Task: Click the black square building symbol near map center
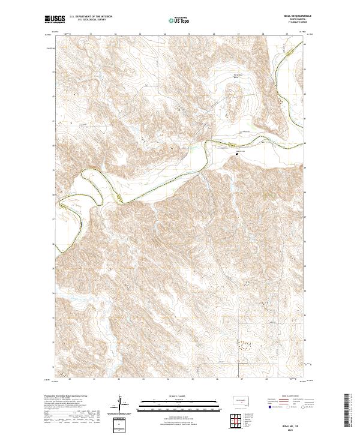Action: click(x=236, y=152)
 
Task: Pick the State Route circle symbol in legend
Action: click(x=300, y=407)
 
